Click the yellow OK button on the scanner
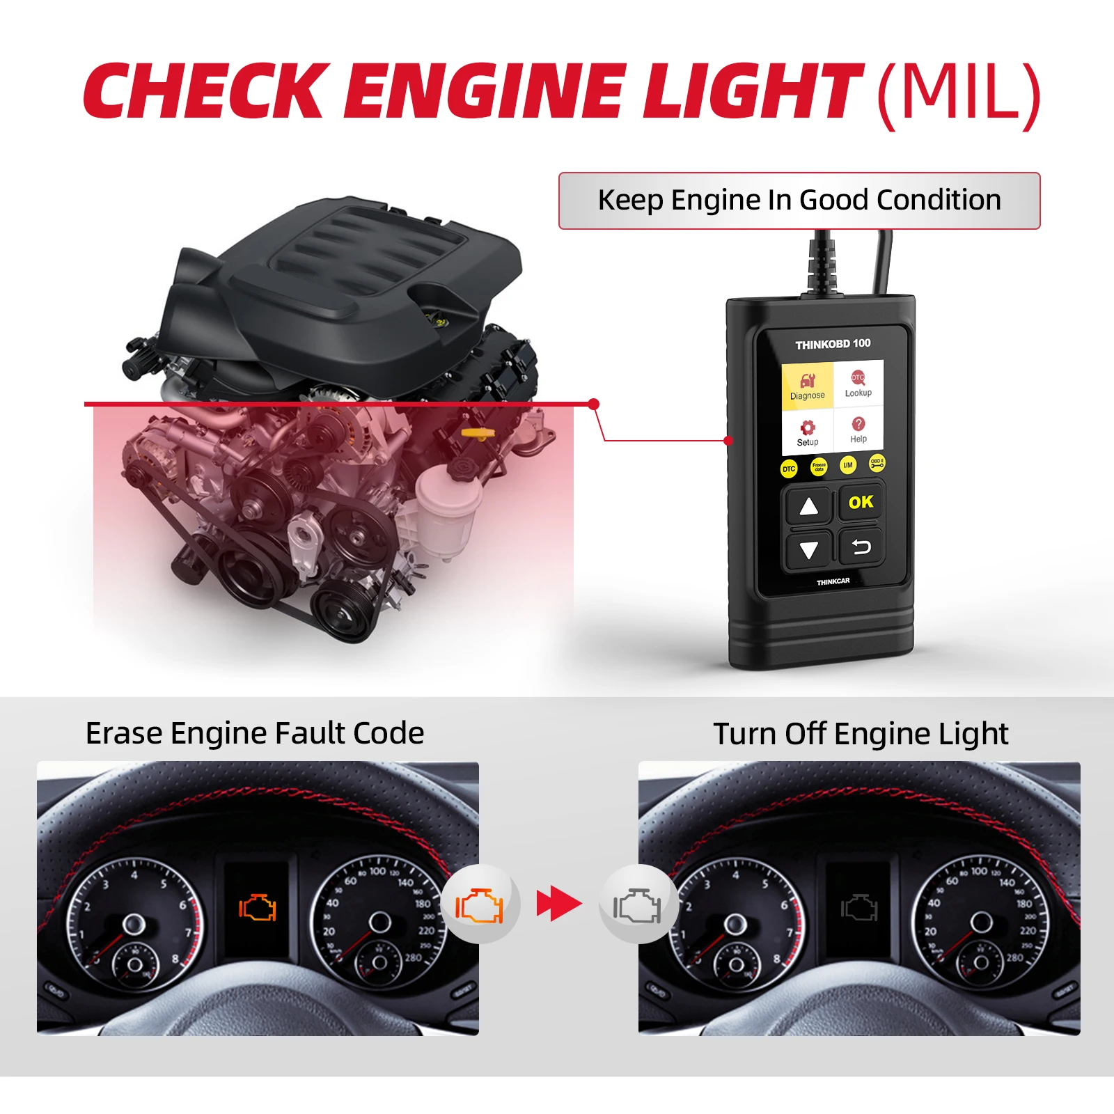(861, 503)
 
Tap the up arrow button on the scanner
(808, 506)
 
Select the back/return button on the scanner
(861, 548)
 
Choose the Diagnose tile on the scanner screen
(807, 385)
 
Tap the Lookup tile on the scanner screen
(858, 383)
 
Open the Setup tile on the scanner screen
(808, 432)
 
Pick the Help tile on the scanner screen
(858, 429)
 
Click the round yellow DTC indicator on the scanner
(788, 469)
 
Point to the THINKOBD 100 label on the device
(833, 344)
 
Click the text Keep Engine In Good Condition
(799, 201)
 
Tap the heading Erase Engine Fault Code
(255, 733)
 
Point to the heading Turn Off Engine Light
(861, 734)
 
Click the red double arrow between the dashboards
(558, 904)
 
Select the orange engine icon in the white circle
(479, 905)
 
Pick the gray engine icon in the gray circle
(637, 905)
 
